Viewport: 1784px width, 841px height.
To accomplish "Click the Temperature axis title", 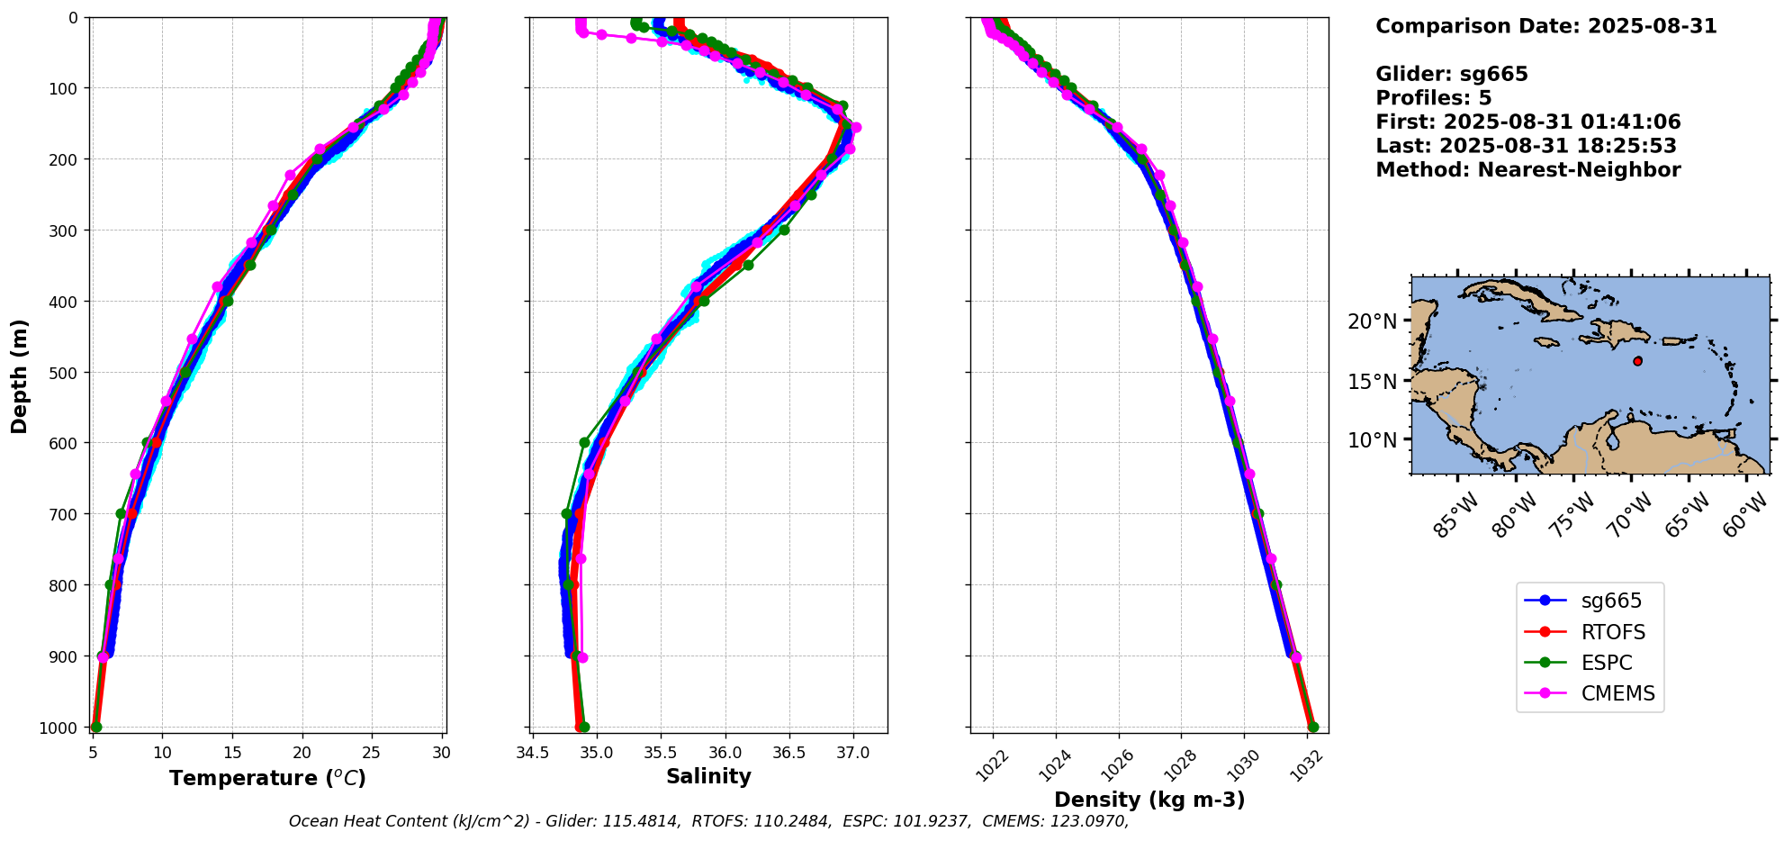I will pyautogui.click(x=267, y=778).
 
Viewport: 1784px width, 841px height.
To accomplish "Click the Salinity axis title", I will pyautogui.click(x=708, y=776).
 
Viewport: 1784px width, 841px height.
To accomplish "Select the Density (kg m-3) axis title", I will pyautogui.click(x=1149, y=800).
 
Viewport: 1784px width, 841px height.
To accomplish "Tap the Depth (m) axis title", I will pyautogui.click(x=20, y=375).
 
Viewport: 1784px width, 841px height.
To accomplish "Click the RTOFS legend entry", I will pyautogui.click(x=1613, y=632).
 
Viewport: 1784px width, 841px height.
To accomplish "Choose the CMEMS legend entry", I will pyautogui.click(x=1617, y=693).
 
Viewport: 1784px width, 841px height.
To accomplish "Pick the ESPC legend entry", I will pyautogui.click(x=1607, y=663).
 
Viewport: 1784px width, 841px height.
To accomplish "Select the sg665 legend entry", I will pyautogui.click(x=1611, y=601).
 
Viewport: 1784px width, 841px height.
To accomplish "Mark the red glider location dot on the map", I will pyautogui.click(x=1637, y=361).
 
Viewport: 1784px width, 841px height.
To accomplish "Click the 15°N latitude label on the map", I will pyautogui.click(x=1372, y=381).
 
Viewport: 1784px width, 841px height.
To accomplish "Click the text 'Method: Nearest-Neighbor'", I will pyautogui.click(x=1527, y=169).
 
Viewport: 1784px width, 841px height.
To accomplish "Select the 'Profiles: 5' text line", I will pyautogui.click(x=1433, y=98).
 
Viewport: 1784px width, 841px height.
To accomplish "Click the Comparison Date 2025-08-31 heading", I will pyautogui.click(x=1545, y=26).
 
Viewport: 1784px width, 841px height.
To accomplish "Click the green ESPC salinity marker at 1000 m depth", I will pyautogui.click(x=584, y=727).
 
